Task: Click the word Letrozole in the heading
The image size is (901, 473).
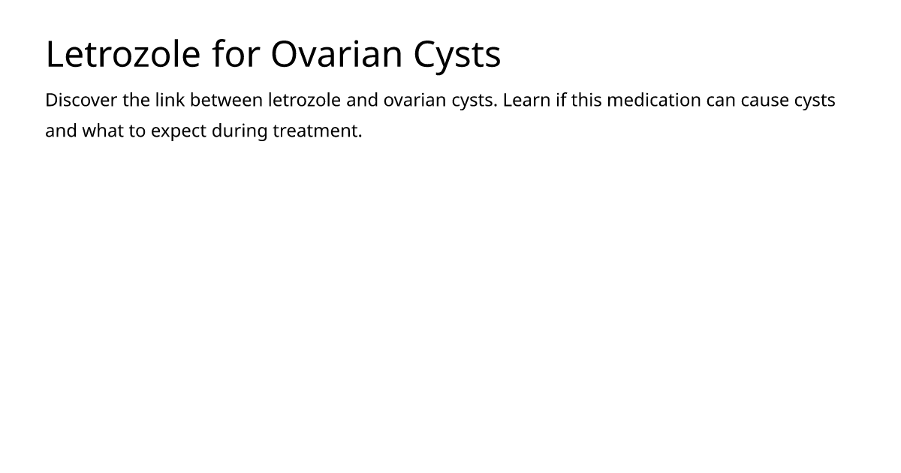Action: tap(123, 54)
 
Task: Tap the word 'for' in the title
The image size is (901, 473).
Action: tap(237, 53)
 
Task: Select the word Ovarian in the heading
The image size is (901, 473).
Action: tap(336, 54)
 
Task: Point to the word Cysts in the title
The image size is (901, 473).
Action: tap(457, 57)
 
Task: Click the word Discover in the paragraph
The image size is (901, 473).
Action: tap(81, 100)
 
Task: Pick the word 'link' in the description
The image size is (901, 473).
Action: tap(170, 99)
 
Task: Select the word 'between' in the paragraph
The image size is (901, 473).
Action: tap(226, 100)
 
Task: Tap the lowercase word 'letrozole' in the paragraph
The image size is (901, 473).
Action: tap(305, 100)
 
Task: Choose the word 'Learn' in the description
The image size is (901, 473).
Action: tap(526, 100)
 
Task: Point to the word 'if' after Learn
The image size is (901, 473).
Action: tap(561, 99)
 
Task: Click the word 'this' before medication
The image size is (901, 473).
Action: tap(586, 100)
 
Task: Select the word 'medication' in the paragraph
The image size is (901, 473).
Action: tap(654, 100)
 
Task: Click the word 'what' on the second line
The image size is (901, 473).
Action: tap(103, 131)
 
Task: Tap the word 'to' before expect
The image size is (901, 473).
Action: tap(137, 131)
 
